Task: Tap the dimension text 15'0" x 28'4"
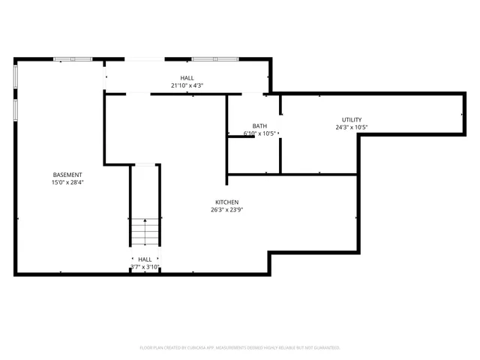click(67, 182)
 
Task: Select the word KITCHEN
click(227, 202)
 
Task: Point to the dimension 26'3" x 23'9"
click(227, 211)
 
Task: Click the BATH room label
click(259, 126)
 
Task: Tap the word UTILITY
click(352, 120)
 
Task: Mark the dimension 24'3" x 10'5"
click(352, 127)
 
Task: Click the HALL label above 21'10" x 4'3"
click(187, 78)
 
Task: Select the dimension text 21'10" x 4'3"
click(187, 86)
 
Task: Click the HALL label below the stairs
click(145, 259)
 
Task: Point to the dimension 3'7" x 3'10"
click(145, 267)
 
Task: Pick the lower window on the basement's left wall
click(15, 109)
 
